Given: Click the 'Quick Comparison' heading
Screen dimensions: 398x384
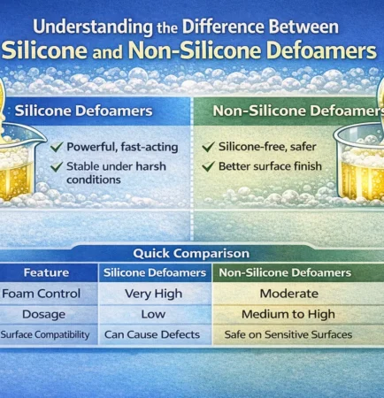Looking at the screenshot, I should coord(192,252).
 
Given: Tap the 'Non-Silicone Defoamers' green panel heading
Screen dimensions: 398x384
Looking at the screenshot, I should coord(283,112).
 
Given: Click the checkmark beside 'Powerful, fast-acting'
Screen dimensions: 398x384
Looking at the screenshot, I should coord(57,148).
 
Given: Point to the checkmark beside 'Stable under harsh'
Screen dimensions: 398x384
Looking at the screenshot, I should coord(57,165).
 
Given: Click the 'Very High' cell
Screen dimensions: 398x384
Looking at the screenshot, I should coord(154,294).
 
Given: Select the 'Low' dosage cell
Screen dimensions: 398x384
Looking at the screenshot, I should coord(154,314).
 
